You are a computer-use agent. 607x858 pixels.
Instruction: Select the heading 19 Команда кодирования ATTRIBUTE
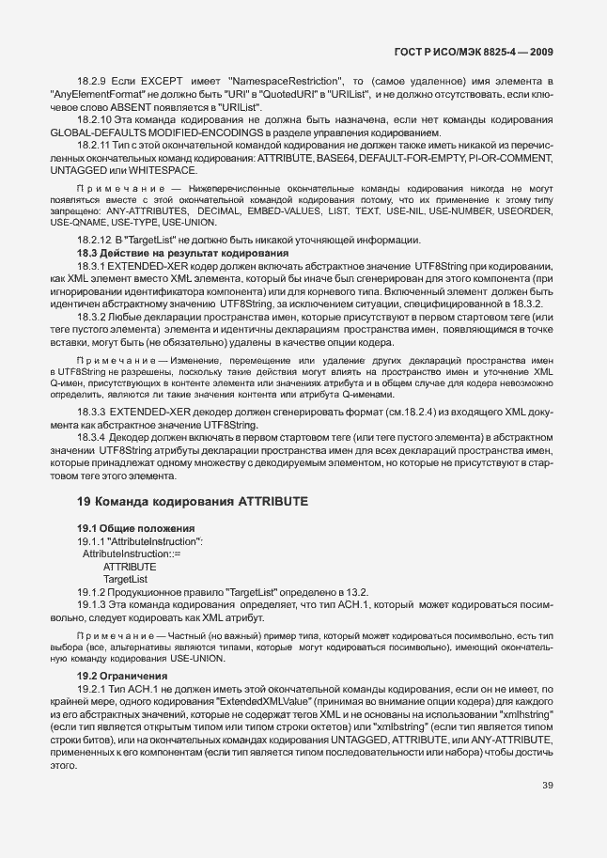click(x=193, y=502)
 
